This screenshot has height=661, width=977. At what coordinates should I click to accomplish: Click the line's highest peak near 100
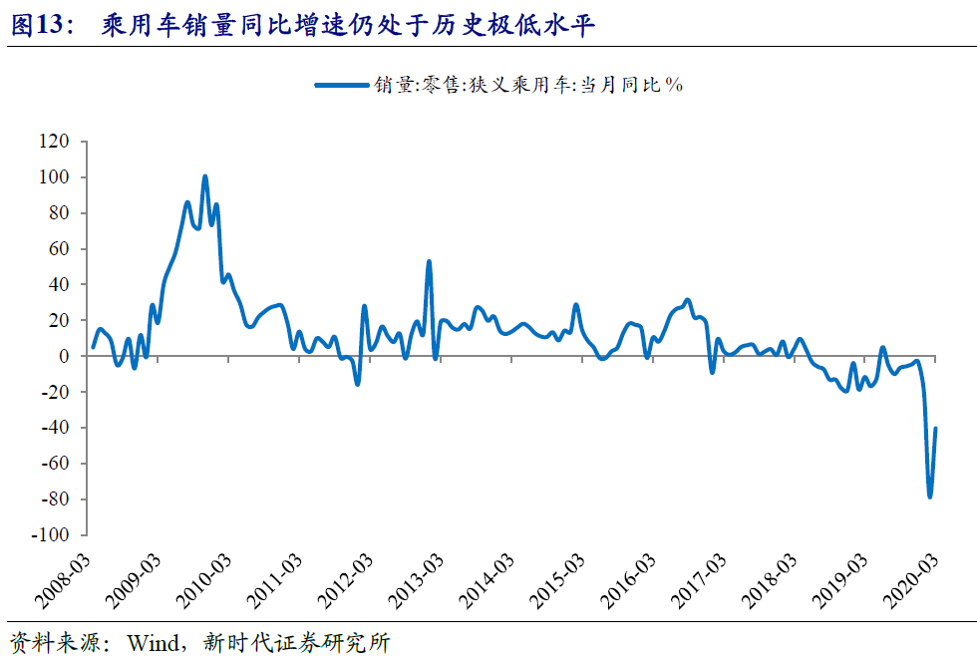pos(204,177)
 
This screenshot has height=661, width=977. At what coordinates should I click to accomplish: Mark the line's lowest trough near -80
pos(929,496)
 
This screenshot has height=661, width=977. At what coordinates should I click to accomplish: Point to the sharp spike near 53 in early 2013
pos(429,262)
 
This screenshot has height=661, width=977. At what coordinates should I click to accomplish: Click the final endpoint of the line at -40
pos(935,428)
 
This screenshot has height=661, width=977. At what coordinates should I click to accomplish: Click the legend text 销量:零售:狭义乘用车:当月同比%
pos(529,86)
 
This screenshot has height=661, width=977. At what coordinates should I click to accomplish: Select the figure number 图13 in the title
pos(36,27)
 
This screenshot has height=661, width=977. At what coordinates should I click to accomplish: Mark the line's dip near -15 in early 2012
pos(357,383)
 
